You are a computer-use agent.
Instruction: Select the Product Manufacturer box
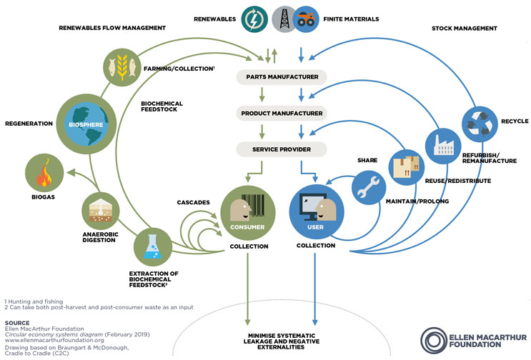(281, 114)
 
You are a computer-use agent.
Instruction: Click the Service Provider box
(281, 150)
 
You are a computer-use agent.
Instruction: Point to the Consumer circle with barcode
(247, 211)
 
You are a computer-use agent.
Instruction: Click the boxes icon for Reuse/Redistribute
(406, 166)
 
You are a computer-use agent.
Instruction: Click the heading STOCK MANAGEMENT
(467, 28)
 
